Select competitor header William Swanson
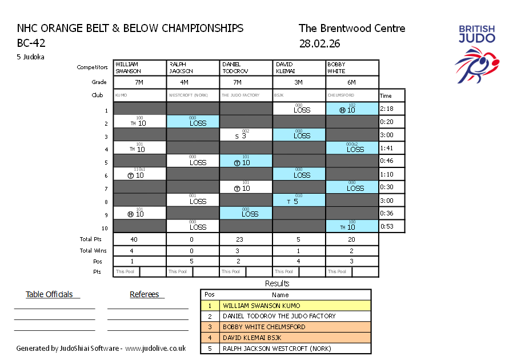point(140,68)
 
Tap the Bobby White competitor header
point(352,68)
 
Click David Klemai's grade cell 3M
point(299,82)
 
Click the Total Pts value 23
point(246,239)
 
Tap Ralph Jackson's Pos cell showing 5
point(193,261)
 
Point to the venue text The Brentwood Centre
point(352,29)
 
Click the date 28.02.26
point(319,43)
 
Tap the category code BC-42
point(31,43)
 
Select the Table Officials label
point(50,294)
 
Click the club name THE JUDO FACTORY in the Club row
point(241,95)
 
